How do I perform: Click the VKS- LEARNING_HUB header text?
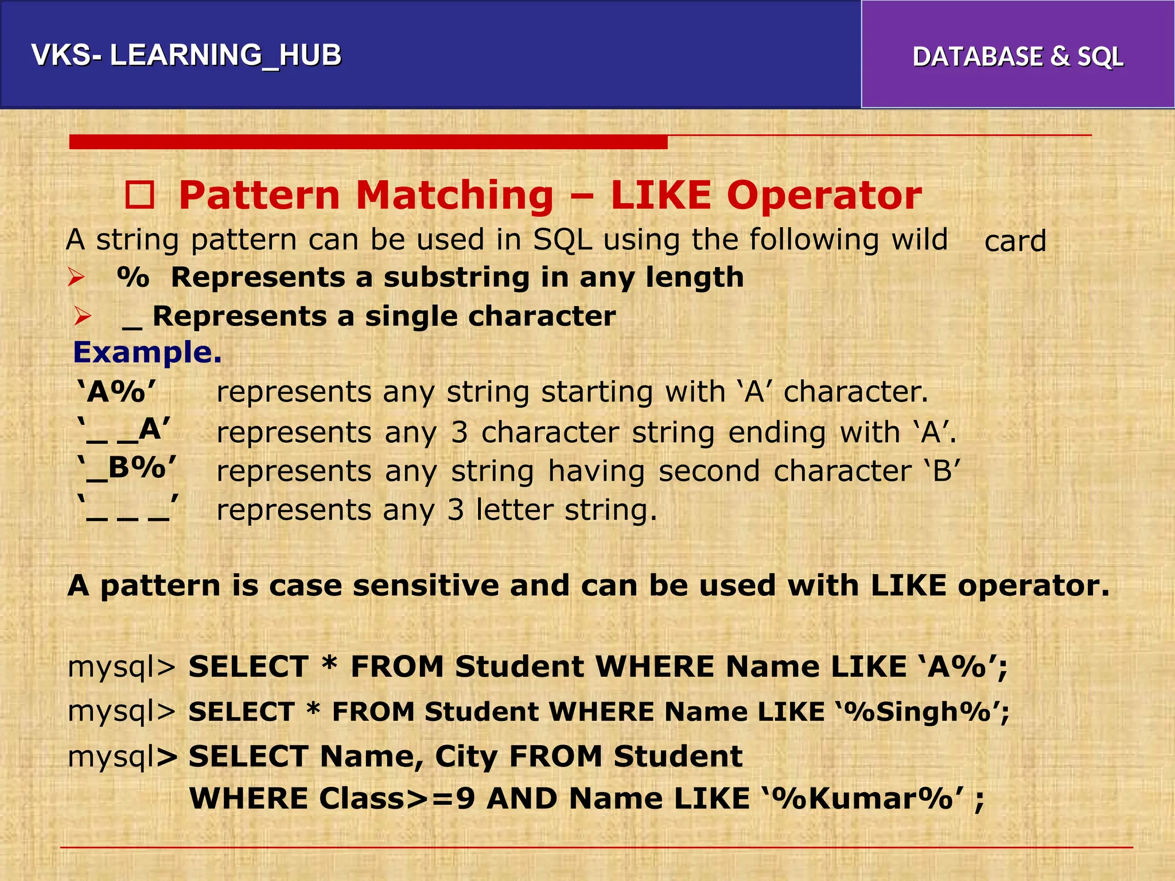click(186, 56)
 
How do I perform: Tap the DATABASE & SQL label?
click(1017, 57)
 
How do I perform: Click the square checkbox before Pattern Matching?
click(140, 196)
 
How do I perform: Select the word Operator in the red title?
click(824, 196)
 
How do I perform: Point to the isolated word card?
click(1015, 241)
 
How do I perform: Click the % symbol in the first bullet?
click(133, 278)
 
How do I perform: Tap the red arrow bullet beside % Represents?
click(76, 278)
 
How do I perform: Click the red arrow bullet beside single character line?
click(83, 317)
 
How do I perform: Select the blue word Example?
click(147, 352)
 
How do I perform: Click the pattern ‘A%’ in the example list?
click(116, 392)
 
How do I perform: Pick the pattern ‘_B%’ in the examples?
click(127, 468)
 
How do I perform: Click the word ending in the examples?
click(777, 433)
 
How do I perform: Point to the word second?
click(709, 471)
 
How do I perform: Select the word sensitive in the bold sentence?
click(425, 586)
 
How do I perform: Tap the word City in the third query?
click(466, 757)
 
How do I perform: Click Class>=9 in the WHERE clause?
click(396, 798)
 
